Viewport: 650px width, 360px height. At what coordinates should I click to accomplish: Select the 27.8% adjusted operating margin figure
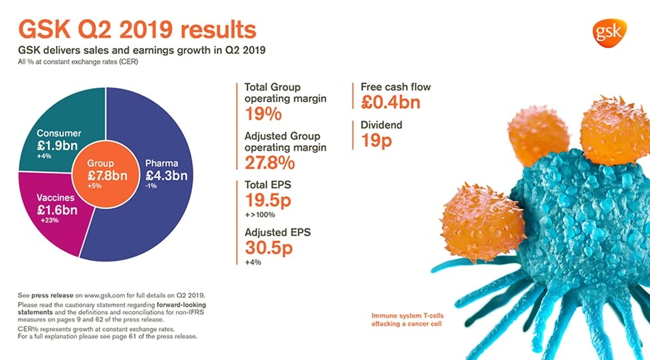(x=270, y=163)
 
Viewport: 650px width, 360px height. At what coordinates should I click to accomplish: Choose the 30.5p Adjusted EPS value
(x=268, y=248)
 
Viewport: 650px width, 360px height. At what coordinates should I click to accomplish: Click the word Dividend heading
(x=382, y=125)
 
